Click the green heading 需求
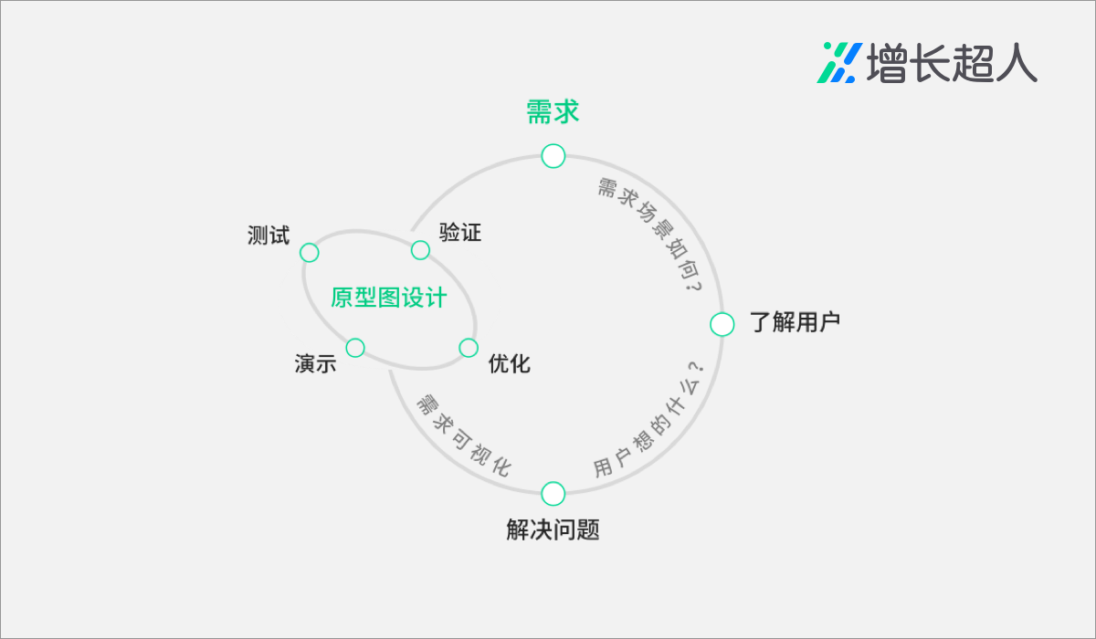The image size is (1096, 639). pos(553,112)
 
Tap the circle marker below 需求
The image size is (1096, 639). pos(553,156)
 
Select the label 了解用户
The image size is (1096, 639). pos(794,323)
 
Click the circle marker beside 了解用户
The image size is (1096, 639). pos(722,324)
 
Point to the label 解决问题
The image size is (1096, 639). pos(553,529)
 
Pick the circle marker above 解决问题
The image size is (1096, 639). pos(553,494)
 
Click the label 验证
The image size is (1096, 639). pos(459,233)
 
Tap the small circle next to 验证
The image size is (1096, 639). pos(420,250)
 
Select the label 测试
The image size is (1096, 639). pos(268,236)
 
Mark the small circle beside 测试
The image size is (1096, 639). pos(310,253)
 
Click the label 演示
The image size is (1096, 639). pos(315,363)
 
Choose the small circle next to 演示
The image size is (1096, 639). pos(355,348)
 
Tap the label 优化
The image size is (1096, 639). pos(509,363)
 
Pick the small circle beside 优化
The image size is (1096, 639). pos(469,348)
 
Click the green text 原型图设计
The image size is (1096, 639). pos(388,299)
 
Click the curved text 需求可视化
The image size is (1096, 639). pos(462,436)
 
